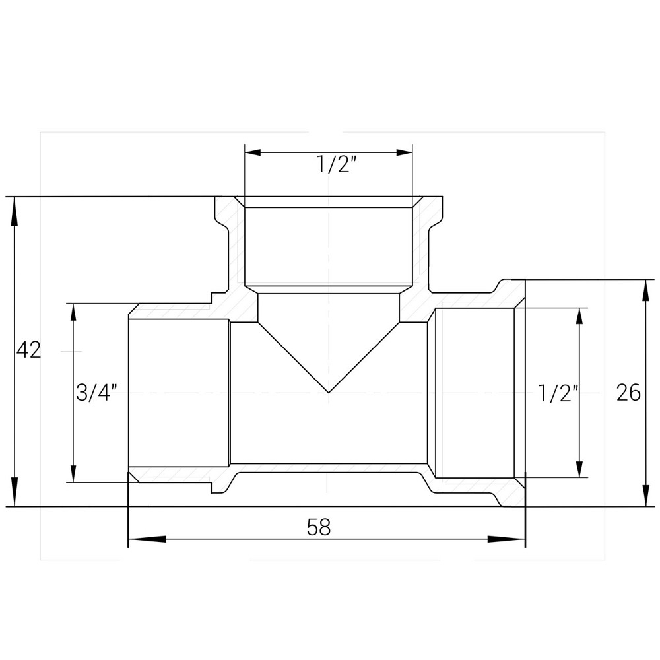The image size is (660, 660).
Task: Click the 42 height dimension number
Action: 28,350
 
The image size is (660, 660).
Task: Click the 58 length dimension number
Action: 318,527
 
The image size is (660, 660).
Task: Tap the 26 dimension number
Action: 628,393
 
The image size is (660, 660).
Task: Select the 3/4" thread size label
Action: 97,393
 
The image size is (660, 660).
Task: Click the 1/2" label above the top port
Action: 337,165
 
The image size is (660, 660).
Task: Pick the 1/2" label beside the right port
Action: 558,393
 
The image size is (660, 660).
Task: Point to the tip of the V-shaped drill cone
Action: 329,392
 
